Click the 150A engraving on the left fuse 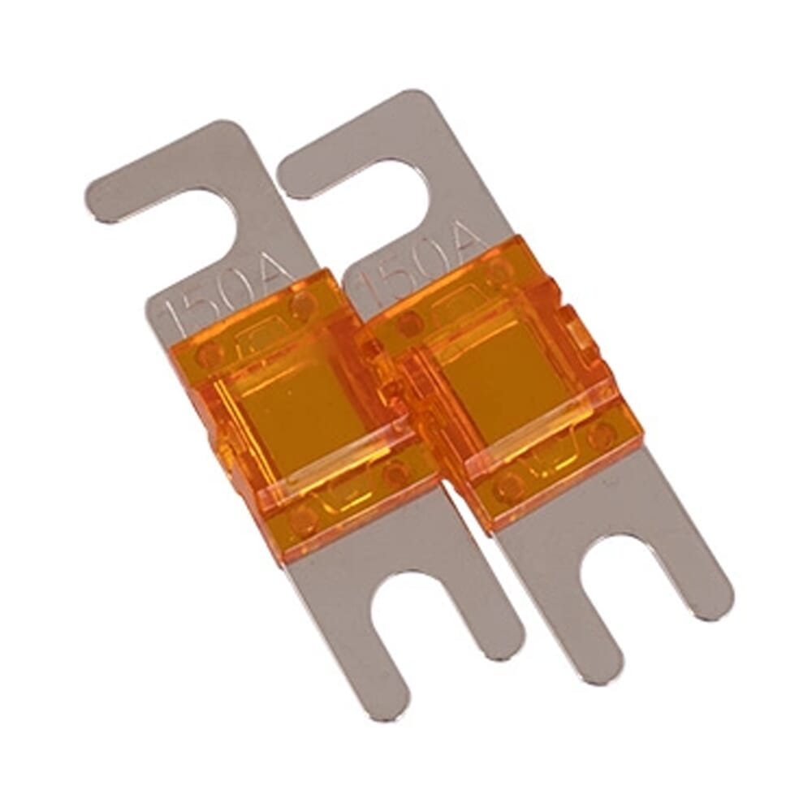(227, 296)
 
